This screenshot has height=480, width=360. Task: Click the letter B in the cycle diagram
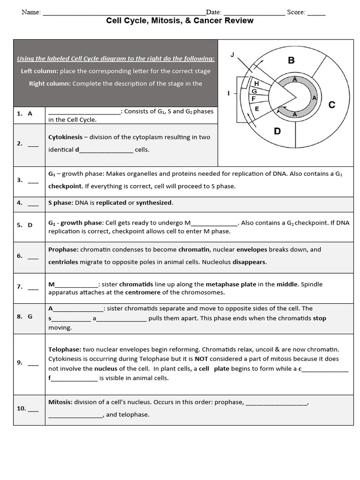[291, 60]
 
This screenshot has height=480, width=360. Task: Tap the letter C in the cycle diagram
[332, 105]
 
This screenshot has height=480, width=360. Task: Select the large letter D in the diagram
[277, 131]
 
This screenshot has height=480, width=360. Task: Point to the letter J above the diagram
[232, 55]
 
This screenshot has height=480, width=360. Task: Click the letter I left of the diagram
[229, 93]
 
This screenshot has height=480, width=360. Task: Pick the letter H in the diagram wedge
[256, 83]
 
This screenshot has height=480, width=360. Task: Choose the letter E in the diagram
[256, 109]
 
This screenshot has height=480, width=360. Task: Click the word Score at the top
[296, 12]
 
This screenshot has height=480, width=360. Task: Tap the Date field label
[213, 12]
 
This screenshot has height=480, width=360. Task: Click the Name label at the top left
[31, 12]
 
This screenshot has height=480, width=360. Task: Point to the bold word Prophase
[63, 250]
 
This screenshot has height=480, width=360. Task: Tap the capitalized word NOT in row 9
[202, 359]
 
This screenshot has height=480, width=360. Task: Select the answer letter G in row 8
[30, 316]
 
